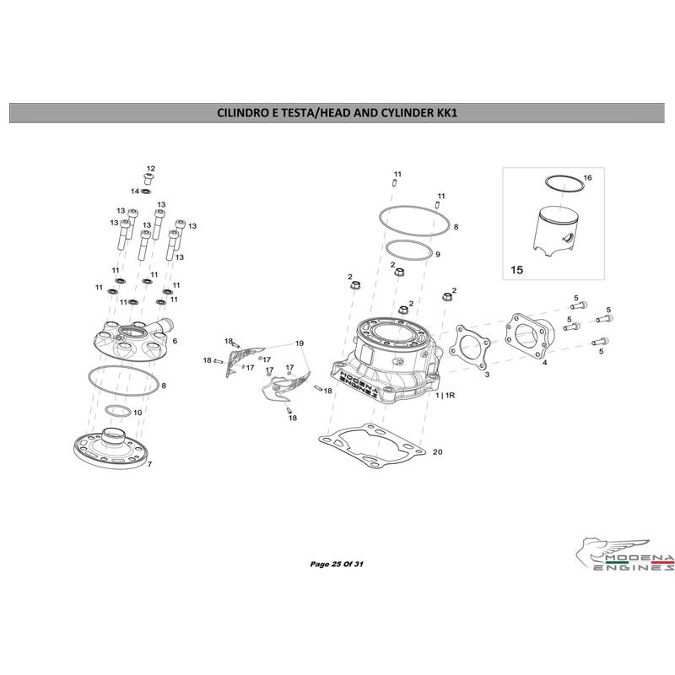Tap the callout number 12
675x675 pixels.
point(151,168)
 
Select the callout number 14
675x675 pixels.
point(134,192)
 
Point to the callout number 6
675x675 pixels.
point(174,341)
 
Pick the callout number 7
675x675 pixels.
point(149,465)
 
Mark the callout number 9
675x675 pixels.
point(438,254)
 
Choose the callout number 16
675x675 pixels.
point(588,178)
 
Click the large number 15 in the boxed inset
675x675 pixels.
point(518,272)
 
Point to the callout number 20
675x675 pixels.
point(437,452)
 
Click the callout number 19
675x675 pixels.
point(299,343)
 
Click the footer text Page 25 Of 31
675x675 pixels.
point(337,563)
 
